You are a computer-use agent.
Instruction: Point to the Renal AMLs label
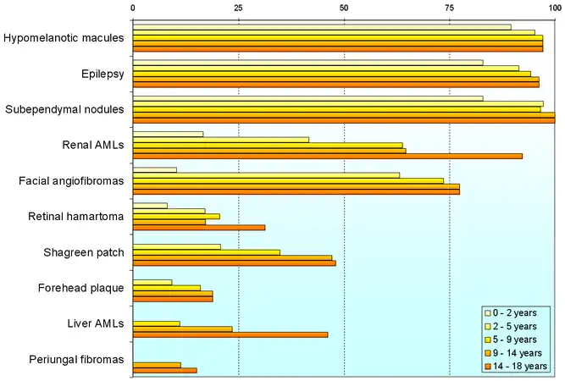click(93, 145)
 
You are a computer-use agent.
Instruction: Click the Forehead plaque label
click(81, 288)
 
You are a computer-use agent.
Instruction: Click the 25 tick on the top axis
click(238, 8)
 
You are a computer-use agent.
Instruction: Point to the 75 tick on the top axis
click(449, 8)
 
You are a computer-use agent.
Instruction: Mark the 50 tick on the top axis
click(343, 8)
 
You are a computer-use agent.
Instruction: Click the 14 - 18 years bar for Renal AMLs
click(327, 156)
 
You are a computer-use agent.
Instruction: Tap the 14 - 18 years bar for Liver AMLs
click(230, 334)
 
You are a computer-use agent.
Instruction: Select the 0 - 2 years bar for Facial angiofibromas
click(155, 169)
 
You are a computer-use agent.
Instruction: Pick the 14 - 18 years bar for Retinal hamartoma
click(198, 227)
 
